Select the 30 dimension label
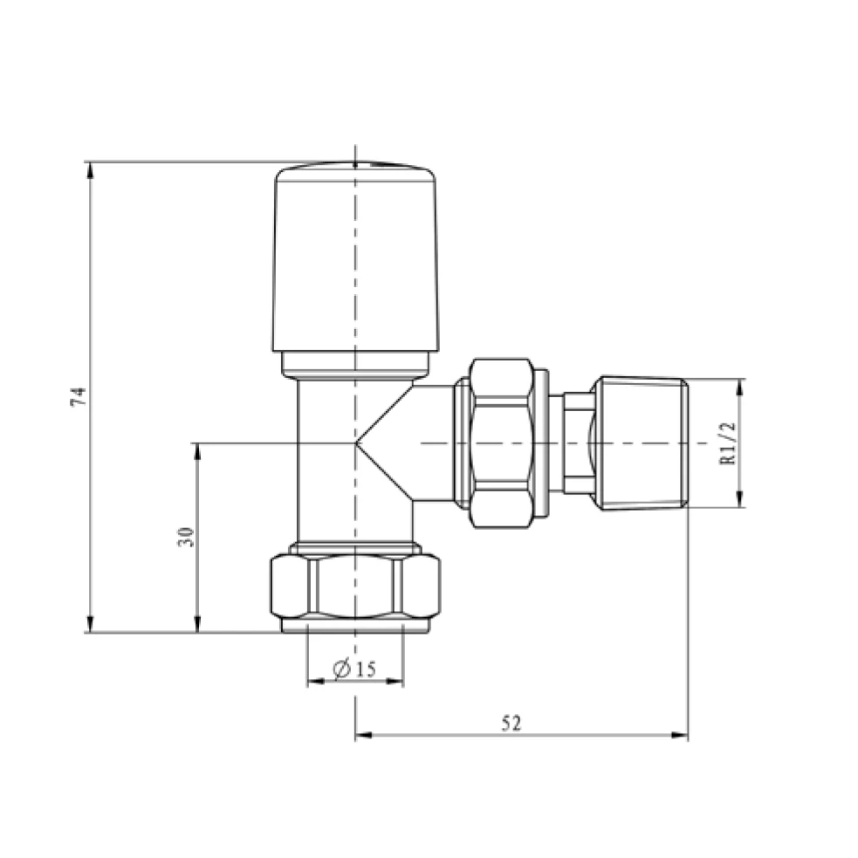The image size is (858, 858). (x=185, y=537)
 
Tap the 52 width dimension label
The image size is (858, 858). (x=511, y=723)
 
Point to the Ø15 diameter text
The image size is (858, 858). (x=354, y=669)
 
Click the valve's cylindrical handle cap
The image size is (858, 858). (x=355, y=257)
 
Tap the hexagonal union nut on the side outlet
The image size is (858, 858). (x=501, y=443)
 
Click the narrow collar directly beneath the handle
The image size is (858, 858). (x=355, y=364)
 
